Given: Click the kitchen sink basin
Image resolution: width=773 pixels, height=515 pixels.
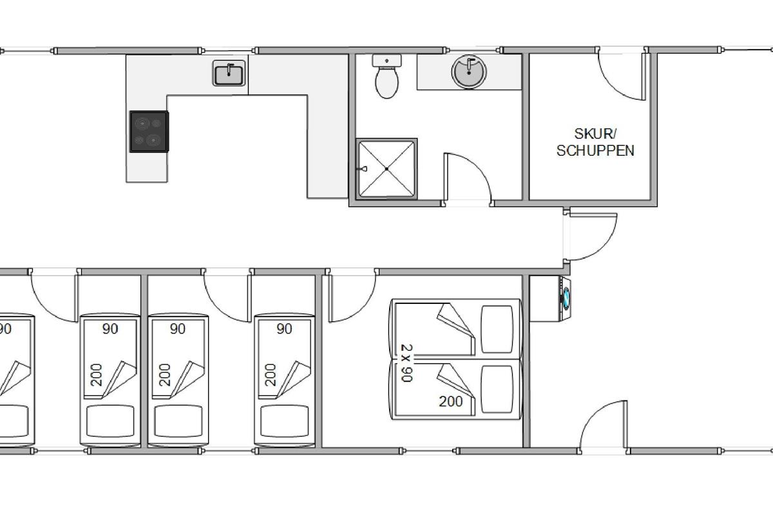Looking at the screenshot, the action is [x=229, y=73].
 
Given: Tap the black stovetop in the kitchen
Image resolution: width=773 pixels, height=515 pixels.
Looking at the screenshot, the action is [x=149, y=131].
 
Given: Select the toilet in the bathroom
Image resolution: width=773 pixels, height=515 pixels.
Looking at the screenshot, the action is [x=387, y=77].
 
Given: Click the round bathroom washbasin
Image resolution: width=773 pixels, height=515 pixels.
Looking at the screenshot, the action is [x=469, y=72].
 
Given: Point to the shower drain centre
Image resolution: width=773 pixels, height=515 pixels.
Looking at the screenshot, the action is [x=386, y=169].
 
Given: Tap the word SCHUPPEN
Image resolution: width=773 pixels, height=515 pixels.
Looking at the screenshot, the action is [x=595, y=151].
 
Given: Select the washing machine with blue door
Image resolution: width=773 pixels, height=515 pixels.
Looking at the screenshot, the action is [x=565, y=299].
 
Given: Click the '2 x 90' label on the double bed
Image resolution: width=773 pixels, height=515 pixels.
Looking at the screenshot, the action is [x=407, y=363].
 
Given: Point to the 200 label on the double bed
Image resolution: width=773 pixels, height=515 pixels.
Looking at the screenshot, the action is [x=451, y=401].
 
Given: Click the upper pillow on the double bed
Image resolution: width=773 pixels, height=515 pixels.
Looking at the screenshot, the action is [x=497, y=329].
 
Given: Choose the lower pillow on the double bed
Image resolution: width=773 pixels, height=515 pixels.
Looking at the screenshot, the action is [x=497, y=389].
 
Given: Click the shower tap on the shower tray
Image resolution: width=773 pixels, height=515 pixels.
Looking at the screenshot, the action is [x=364, y=169].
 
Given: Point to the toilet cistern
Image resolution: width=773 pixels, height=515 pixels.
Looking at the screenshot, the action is [x=387, y=61].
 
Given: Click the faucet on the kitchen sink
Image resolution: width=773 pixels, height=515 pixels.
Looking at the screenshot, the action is [x=229, y=69].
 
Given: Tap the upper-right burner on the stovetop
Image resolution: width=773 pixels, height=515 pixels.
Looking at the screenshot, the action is [x=157, y=123].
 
